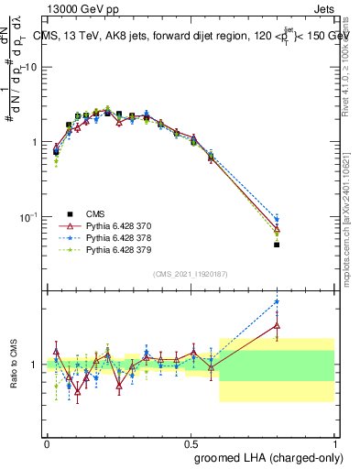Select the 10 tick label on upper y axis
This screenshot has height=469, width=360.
click(29, 68)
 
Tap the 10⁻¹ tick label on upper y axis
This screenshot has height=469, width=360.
click(27, 217)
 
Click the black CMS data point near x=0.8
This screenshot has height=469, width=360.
click(277, 245)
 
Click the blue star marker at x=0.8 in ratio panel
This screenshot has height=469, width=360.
click(277, 301)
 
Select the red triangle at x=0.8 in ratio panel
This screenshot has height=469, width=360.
click(277, 324)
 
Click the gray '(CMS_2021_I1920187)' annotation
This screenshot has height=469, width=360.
click(191, 273)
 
